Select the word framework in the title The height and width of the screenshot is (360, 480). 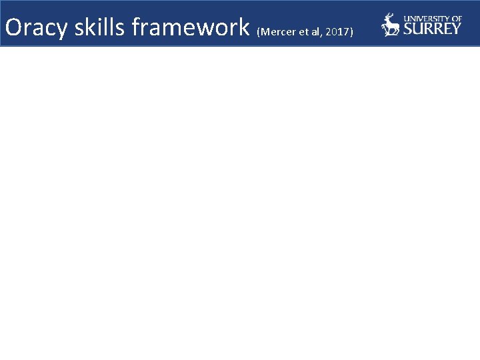[x=191, y=27]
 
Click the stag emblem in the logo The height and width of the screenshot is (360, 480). [x=390, y=25]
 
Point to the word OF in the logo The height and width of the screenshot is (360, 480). [x=456, y=19]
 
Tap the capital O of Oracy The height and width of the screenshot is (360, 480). [x=13, y=27]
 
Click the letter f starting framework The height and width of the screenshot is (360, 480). [x=136, y=27]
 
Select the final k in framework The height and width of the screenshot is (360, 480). [x=244, y=27]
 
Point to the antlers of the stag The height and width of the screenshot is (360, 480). [x=389, y=17]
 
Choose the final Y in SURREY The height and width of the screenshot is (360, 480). [x=456, y=29]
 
